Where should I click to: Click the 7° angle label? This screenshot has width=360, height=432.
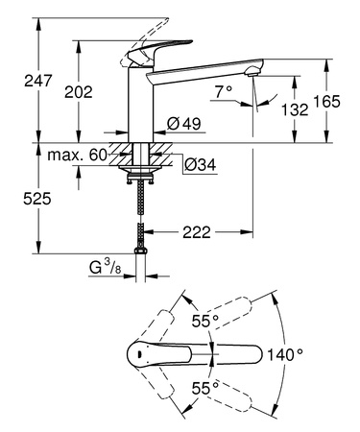(x=224, y=92)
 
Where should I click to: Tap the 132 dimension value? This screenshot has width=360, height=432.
(x=294, y=110)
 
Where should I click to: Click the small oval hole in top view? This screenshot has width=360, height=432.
(x=141, y=355)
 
